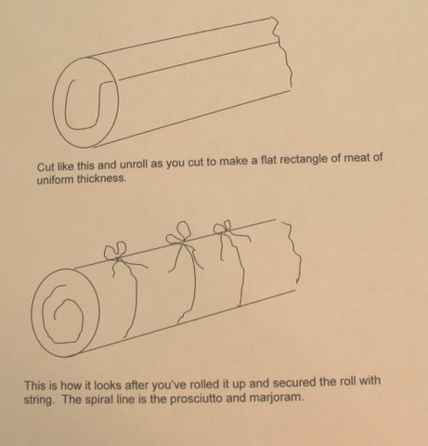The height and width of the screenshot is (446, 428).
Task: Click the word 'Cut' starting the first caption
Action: coord(45,166)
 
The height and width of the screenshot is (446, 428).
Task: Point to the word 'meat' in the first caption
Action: coord(357,158)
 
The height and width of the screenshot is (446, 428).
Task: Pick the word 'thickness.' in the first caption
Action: coord(101,178)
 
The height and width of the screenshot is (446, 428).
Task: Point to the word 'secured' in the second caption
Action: coord(293,382)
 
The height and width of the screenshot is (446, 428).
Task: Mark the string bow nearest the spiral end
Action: coord(116,252)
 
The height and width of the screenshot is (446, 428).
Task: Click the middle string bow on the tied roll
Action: coord(179,234)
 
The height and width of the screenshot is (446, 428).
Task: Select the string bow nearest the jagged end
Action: coord(223,227)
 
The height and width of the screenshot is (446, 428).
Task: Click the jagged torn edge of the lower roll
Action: coord(294,251)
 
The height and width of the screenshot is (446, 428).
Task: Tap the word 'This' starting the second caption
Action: coord(35,386)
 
